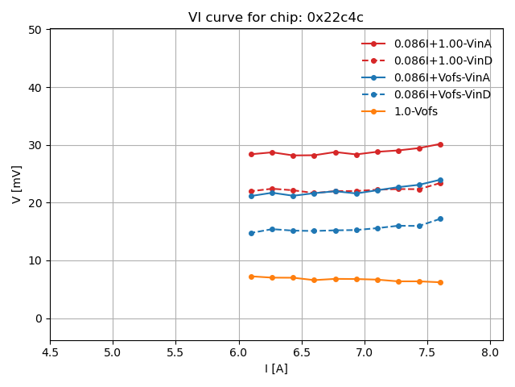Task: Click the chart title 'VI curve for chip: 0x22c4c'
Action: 276,18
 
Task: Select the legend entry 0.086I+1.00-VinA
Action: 443,44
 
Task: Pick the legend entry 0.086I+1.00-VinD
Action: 443,60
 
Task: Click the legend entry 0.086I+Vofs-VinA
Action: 442,77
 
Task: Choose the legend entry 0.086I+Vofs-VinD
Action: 442,94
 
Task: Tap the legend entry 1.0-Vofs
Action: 416,111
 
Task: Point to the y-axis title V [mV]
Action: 17,184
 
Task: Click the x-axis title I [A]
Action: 276,368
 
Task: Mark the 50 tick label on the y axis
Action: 35,30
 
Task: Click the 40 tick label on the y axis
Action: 35,87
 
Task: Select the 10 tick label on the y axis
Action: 35,260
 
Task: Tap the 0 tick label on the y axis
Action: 38,318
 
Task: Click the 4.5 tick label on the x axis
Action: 50,352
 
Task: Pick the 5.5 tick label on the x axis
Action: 175,352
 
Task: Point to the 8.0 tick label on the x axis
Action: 490,352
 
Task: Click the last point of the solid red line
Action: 440,144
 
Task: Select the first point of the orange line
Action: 251,277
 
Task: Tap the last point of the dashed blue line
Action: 440,218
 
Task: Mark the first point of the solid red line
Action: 251,154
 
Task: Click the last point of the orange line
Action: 440,282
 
